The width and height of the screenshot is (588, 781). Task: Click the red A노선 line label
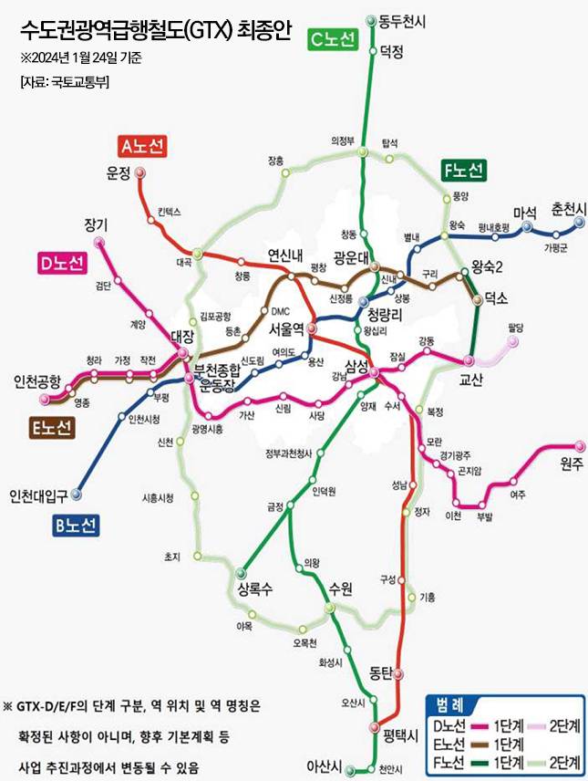pos(144,146)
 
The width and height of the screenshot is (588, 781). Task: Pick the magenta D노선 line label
pos(61,264)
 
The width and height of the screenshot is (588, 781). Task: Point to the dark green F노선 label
pos(463,170)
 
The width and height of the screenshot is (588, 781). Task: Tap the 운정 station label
pos(119,174)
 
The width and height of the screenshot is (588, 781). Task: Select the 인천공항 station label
pos(36,380)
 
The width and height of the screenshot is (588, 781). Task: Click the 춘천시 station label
pos(569,211)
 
